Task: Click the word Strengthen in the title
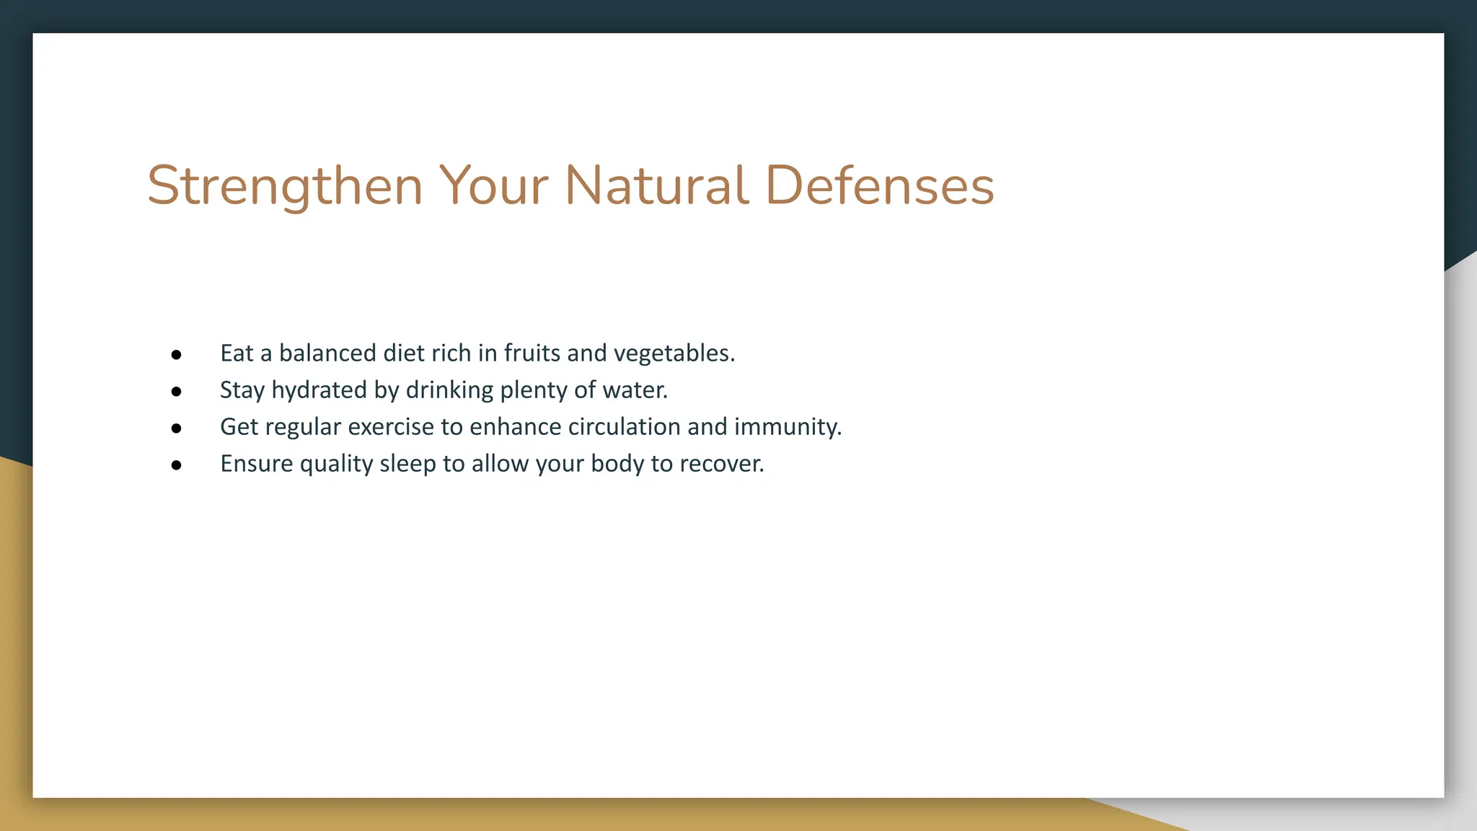click(x=285, y=186)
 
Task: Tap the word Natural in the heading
click(x=656, y=186)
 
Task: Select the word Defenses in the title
click(x=879, y=186)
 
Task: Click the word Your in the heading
click(x=493, y=186)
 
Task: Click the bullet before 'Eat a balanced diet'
click(x=177, y=355)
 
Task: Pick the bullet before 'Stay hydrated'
click(x=177, y=392)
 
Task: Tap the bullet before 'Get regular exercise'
click(x=177, y=428)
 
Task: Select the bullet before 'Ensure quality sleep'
click(x=177, y=465)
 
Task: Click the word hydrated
click(x=319, y=390)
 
